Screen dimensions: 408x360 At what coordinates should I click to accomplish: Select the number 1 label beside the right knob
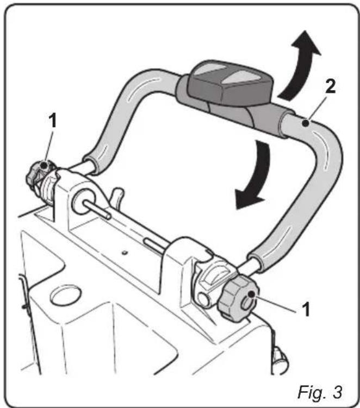click(x=306, y=310)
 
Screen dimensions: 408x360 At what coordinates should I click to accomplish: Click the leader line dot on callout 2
click(x=308, y=124)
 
